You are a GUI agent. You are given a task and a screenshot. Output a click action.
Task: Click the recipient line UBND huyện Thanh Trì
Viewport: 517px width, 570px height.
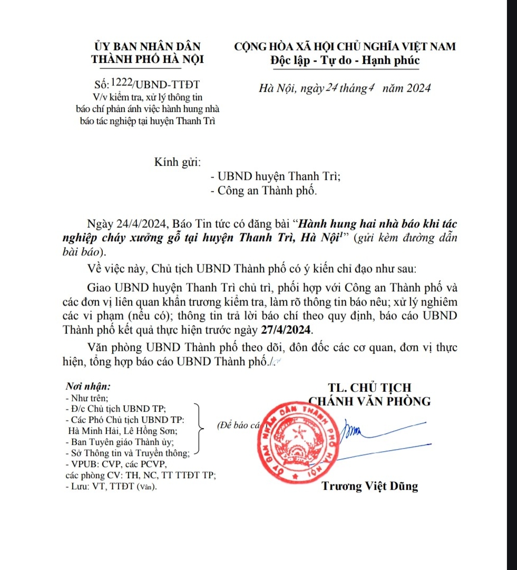(275, 177)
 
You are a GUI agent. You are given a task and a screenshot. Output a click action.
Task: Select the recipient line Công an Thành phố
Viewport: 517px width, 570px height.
(264, 191)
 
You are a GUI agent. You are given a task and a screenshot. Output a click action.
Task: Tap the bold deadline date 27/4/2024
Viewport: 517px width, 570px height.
(286, 330)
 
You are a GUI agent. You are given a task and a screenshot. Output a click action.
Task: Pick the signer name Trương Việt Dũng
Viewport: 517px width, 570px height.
(369, 486)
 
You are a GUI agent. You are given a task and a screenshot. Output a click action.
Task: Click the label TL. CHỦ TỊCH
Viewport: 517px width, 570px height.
(369, 387)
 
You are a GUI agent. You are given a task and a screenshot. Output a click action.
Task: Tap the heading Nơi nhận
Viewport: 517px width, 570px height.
(87, 386)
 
